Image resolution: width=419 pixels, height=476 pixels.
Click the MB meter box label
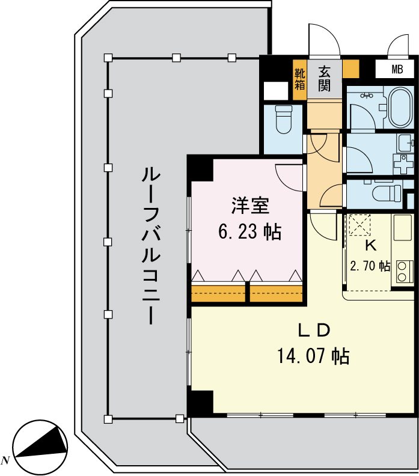[397, 69]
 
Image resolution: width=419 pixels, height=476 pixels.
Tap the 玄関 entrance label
[324, 78]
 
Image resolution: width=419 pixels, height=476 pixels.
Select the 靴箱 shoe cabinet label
[299, 78]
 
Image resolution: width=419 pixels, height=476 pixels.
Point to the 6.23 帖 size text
[249, 232]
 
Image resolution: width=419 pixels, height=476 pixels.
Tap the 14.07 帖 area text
[313, 356]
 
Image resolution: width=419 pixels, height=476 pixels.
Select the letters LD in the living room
[314, 330]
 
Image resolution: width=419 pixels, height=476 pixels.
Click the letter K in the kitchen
[371, 245]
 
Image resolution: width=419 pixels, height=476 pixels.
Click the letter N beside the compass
[5, 460]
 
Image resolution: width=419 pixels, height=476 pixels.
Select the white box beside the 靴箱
[276, 91]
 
